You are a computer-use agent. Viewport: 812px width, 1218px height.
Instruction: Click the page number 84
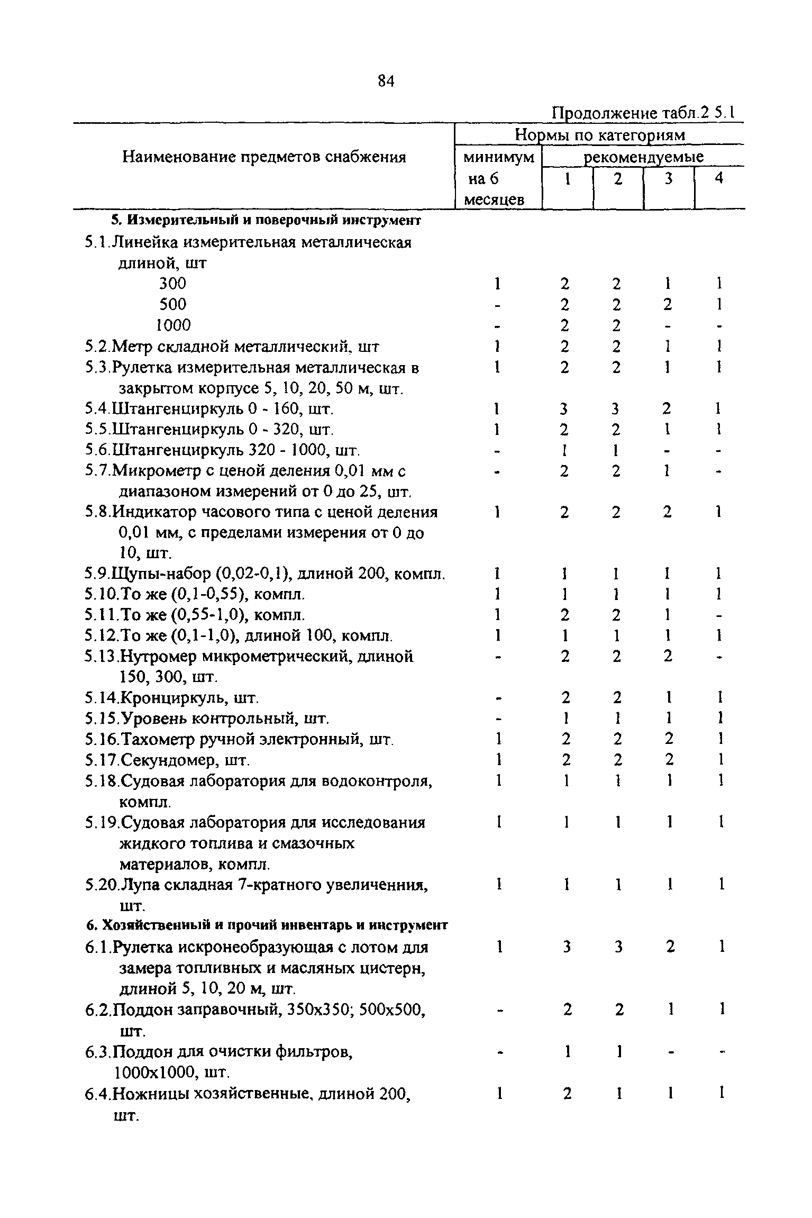(x=386, y=81)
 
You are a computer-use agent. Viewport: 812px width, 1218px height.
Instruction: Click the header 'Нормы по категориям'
(x=600, y=136)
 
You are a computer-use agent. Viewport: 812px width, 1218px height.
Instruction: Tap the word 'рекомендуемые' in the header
(x=643, y=158)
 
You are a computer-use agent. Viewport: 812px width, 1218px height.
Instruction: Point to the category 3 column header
(x=668, y=179)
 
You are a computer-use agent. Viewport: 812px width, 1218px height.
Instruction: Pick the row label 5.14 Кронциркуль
(x=172, y=698)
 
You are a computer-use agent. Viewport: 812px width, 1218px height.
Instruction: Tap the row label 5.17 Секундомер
(x=167, y=760)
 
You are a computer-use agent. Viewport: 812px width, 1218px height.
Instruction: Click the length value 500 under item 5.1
(x=173, y=305)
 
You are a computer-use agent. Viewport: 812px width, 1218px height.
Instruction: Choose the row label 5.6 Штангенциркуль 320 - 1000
(x=223, y=451)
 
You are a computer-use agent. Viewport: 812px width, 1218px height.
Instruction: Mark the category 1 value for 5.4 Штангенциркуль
(x=564, y=409)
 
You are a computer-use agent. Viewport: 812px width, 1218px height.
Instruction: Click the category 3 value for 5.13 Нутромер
(x=668, y=657)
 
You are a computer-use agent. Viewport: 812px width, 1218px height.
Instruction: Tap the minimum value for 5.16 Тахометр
(x=497, y=740)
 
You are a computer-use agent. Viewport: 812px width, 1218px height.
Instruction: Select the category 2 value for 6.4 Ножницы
(x=617, y=1094)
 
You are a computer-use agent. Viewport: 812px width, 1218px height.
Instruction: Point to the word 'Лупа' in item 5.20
(x=136, y=885)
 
